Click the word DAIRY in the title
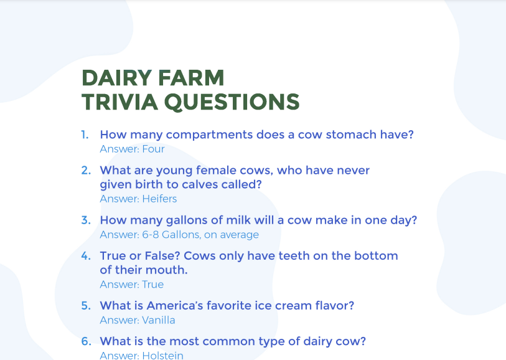(x=117, y=78)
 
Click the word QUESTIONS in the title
(x=232, y=102)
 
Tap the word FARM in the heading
(x=191, y=78)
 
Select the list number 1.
(x=85, y=135)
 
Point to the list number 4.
(x=86, y=256)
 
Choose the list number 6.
(x=86, y=341)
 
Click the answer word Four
(x=153, y=149)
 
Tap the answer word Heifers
(x=159, y=199)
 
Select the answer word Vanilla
(x=159, y=320)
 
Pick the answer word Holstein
(x=162, y=356)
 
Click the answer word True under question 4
(x=153, y=285)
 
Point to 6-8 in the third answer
(x=151, y=234)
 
